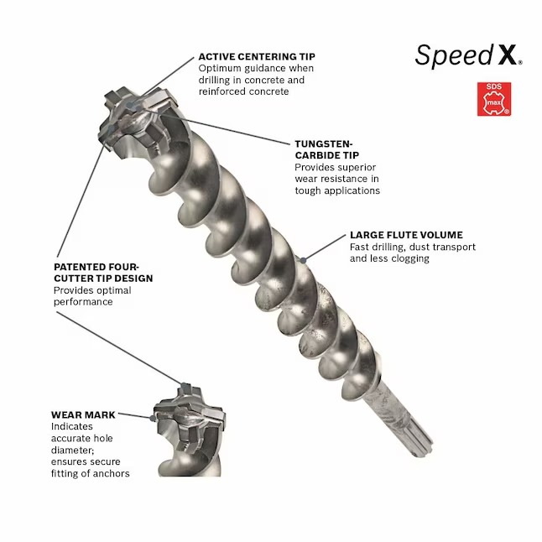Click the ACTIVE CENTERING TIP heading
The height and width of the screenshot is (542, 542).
click(x=257, y=56)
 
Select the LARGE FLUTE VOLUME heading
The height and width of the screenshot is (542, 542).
click(x=405, y=235)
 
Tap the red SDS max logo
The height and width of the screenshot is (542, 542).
click(x=490, y=99)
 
